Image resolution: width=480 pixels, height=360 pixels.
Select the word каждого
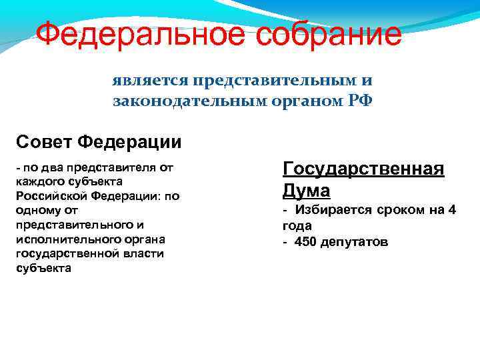39,181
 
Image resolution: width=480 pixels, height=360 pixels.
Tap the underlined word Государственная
363,168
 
